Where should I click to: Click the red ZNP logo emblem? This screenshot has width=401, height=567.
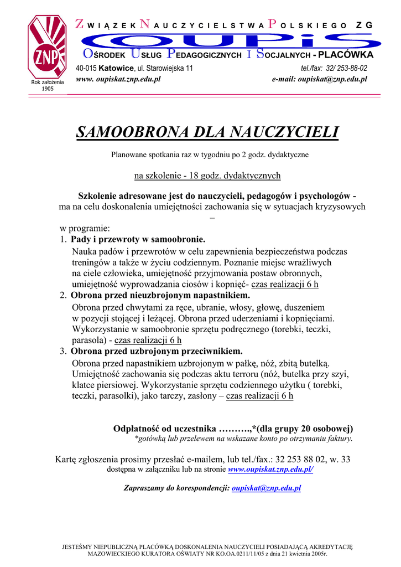[x=47, y=47]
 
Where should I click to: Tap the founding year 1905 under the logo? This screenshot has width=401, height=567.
[x=48, y=89]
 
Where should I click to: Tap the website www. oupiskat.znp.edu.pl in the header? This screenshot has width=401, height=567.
[x=118, y=80]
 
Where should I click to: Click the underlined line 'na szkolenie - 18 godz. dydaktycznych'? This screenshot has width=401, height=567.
[x=207, y=176]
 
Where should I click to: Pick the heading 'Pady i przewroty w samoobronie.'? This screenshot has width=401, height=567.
[x=138, y=240]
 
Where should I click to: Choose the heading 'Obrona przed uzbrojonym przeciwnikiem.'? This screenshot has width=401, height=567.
[x=157, y=352]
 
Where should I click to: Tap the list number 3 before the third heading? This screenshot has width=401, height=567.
[x=63, y=352]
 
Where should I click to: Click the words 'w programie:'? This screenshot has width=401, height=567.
[x=85, y=228]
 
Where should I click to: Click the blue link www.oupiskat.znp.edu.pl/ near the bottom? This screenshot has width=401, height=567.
[x=271, y=470]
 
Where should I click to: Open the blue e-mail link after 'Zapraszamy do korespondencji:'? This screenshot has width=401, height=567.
[x=267, y=488]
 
